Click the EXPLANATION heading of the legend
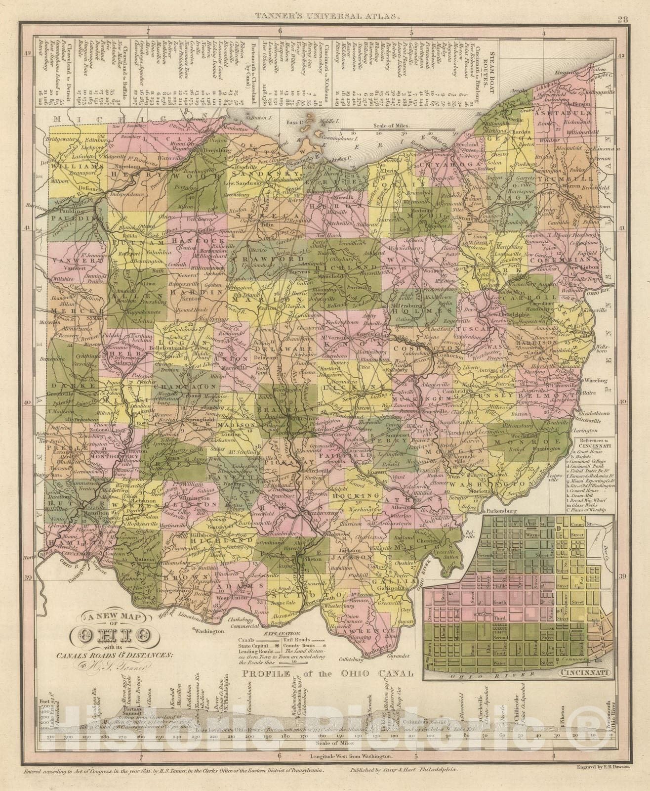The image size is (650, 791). click(282, 633)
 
